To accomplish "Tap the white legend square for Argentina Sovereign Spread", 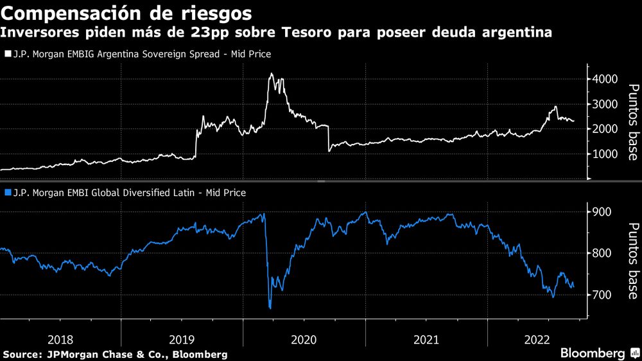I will pyautogui.click(x=7, y=55).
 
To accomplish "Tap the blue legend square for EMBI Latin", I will pyautogui.click(x=7, y=192).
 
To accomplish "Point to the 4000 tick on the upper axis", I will pyautogui.click(x=605, y=79).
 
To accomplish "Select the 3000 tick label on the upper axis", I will pyautogui.click(x=605, y=104).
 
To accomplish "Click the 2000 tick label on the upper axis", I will pyautogui.click(x=605, y=129).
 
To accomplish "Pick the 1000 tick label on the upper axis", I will pyautogui.click(x=605, y=154).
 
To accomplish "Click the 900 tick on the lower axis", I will pyautogui.click(x=602, y=212).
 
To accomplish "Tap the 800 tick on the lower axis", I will pyautogui.click(x=602, y=253).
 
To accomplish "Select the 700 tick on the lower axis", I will pyautogui.click(x=602, y=295).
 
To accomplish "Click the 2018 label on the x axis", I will pyautogui.click(x=60, y=339).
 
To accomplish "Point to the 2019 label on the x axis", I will pyautogui.click(x=182, y=339).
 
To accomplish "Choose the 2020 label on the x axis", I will pyautogui.click(x=304, y=339).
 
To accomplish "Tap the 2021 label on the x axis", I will pyautogui.click(x=426, y=339).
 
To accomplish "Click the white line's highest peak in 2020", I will pyautogui.click(x=271, y=74).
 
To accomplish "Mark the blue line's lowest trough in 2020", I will pyautogui.click(x=270, y=308).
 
